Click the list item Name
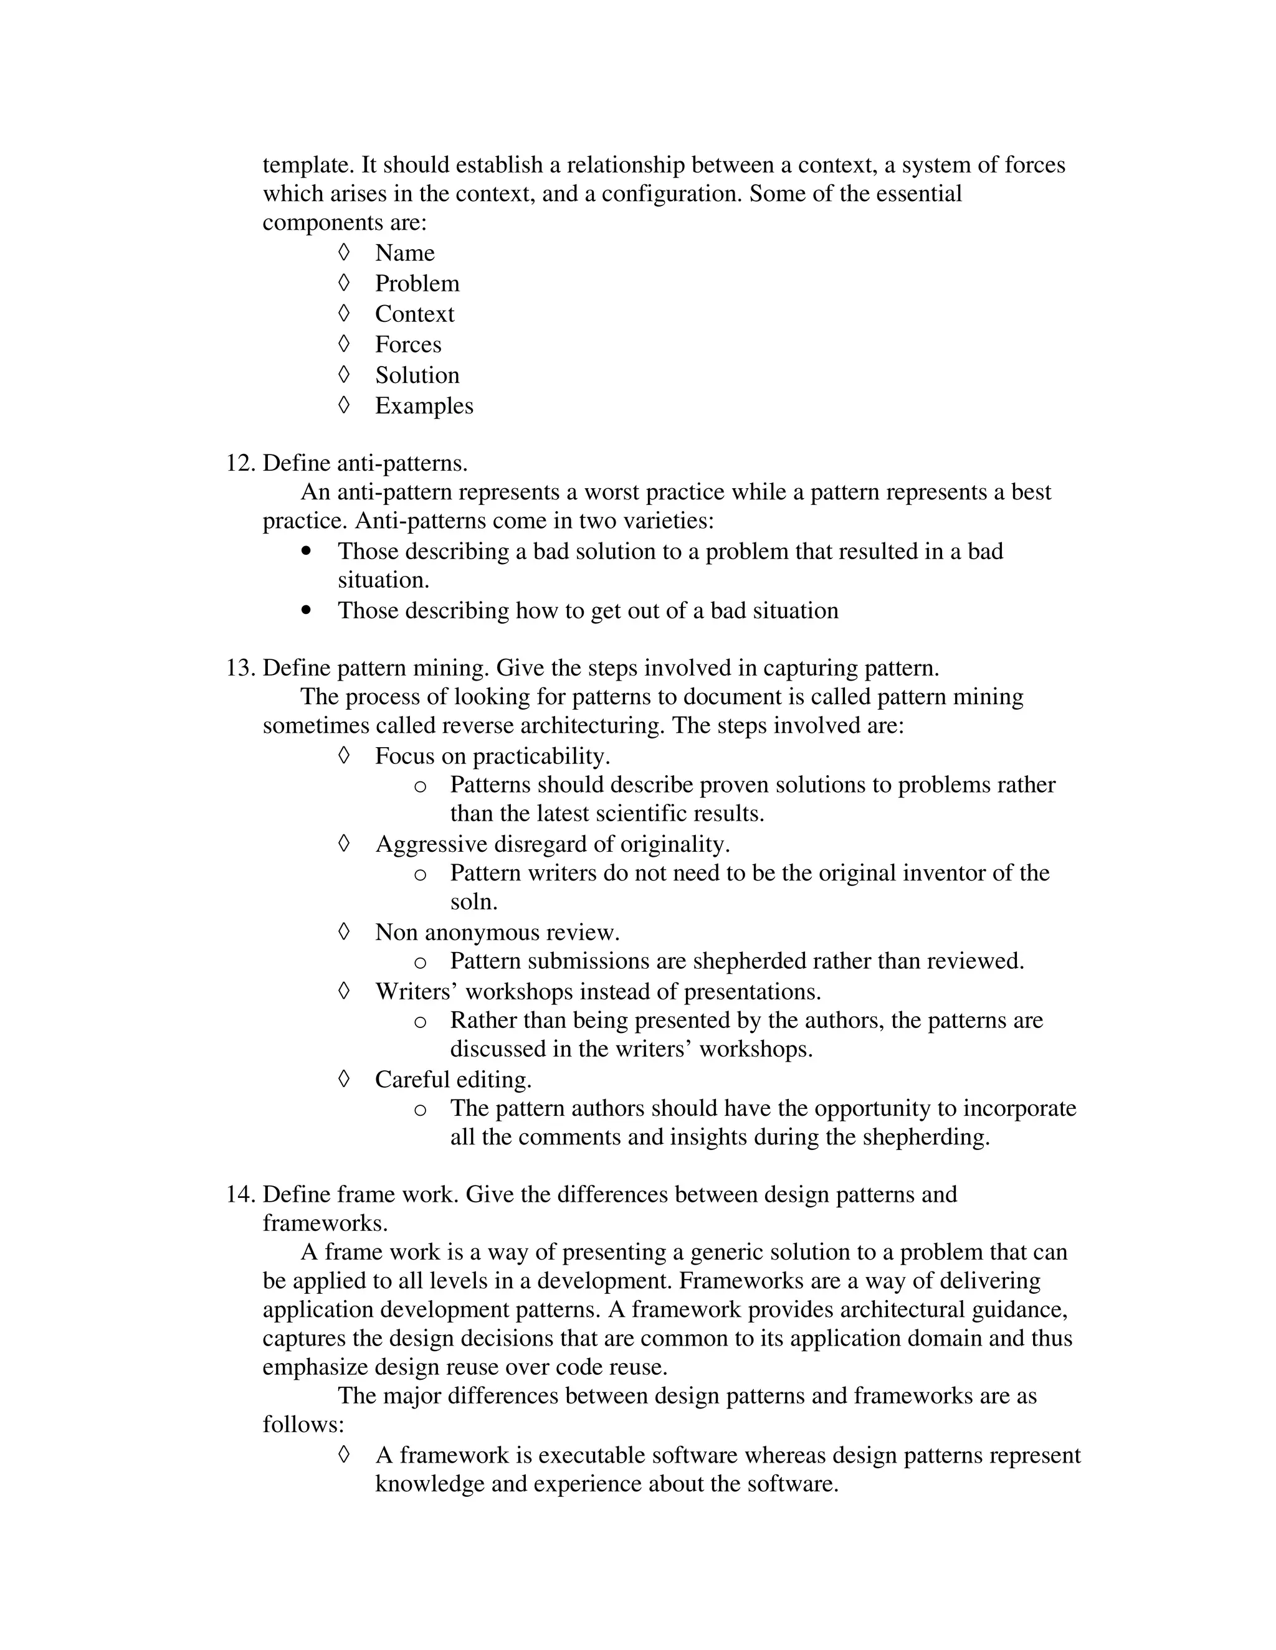tap(404, 253)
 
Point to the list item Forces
tap(408, 344)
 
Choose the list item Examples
tap(424, 406)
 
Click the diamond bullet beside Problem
tap(344, 283)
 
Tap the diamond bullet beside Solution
tap(344, 374)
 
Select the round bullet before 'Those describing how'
tap(306, 610)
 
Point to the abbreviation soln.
tap(474, 902)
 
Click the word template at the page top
tap(308, 166)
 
